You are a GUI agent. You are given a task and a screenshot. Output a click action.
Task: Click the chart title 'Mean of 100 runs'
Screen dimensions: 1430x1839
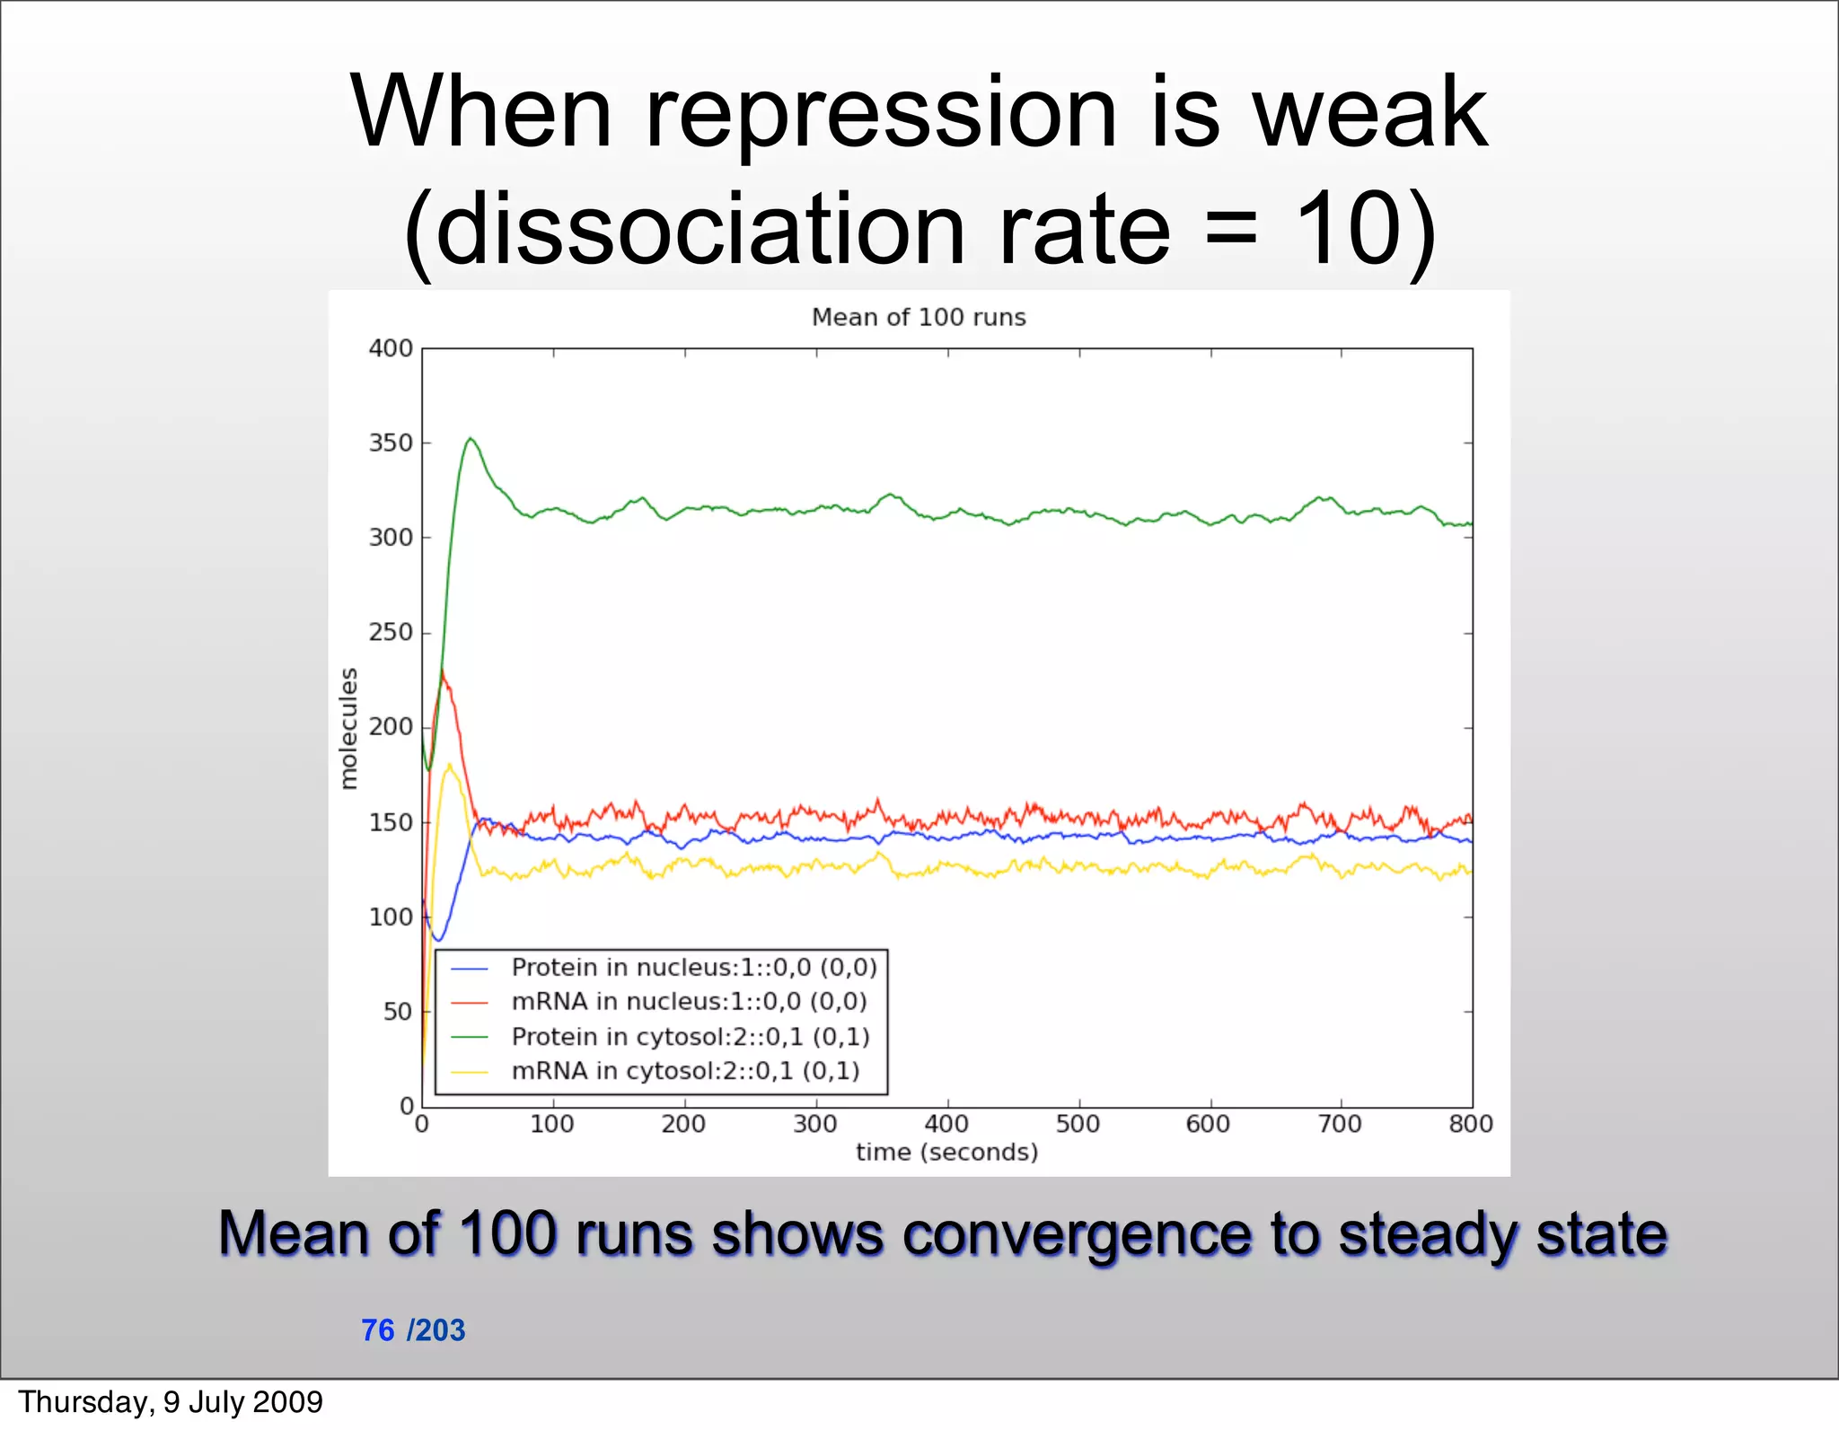point(919,317)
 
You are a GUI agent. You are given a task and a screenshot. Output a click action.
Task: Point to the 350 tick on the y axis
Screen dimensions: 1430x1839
point(391,443)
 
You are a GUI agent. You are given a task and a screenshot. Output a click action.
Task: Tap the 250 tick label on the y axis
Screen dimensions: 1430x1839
point(391,632)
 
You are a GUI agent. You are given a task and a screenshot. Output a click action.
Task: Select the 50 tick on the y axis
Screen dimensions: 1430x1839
point(397,1012)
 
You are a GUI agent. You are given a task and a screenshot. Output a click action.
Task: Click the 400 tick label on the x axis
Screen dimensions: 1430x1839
point(946,1124)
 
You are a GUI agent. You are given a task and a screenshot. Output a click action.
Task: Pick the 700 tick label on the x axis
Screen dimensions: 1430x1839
point(1340,1124)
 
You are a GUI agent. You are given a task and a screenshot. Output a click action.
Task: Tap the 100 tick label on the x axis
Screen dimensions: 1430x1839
point(551,1124)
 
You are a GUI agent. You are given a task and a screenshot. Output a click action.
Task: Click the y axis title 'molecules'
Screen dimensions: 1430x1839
point(348,728)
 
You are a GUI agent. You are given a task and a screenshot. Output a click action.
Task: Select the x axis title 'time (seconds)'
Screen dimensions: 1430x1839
point(946,1152)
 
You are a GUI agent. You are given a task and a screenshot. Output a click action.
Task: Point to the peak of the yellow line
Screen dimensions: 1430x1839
point(450,765)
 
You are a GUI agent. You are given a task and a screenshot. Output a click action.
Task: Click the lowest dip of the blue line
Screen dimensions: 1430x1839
point(438,940)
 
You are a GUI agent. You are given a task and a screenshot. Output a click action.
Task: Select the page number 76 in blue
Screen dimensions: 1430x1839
point(378,1329)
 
